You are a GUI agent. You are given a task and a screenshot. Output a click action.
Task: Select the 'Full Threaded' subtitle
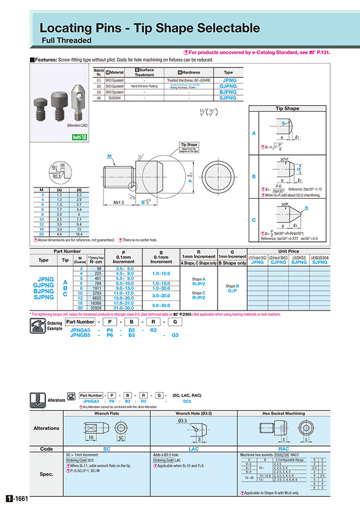(66, 40)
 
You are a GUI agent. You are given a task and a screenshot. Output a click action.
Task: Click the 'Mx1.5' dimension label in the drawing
(119, 203)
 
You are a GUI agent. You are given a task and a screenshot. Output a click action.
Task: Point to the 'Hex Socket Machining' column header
(283, 413)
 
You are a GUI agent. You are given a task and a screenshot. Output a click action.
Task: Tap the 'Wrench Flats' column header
(107, 413)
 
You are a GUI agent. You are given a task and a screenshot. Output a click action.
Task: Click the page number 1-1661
(17, 499)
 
